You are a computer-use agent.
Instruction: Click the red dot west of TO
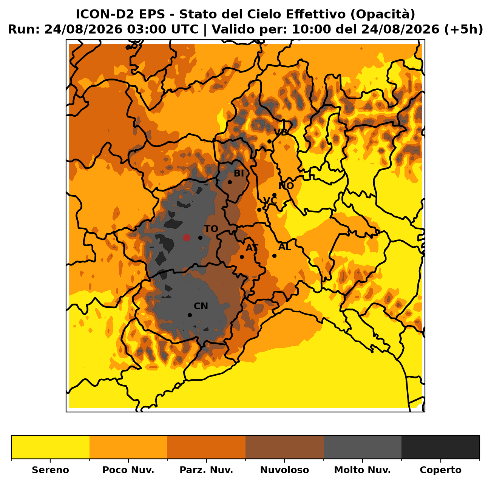(x=187, y=238)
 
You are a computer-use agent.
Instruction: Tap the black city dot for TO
(x=200, y=238)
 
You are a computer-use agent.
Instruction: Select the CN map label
(x=201, y=306)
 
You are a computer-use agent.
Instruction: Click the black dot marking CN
(x=190, y=315)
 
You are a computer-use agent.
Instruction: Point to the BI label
(x=239, y=174)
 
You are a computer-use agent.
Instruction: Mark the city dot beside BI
(x=230, y=182)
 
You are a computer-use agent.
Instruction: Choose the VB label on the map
(x=280, y=132)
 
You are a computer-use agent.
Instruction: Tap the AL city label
(x=285, y=247)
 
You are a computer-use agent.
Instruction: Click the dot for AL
(x=275, y=256)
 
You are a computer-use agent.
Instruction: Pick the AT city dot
(x=242, y=257)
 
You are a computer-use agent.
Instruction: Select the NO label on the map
(x=286, y=186)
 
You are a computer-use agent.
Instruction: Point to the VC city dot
(x=259, y=210)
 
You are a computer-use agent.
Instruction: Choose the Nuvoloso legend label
(x=284, y=470)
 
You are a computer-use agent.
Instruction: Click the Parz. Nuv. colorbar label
(x=206, y=470)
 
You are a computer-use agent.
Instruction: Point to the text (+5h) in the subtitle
(x=463, y=29)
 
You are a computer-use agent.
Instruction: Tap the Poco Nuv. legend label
(x=128, y=470)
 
